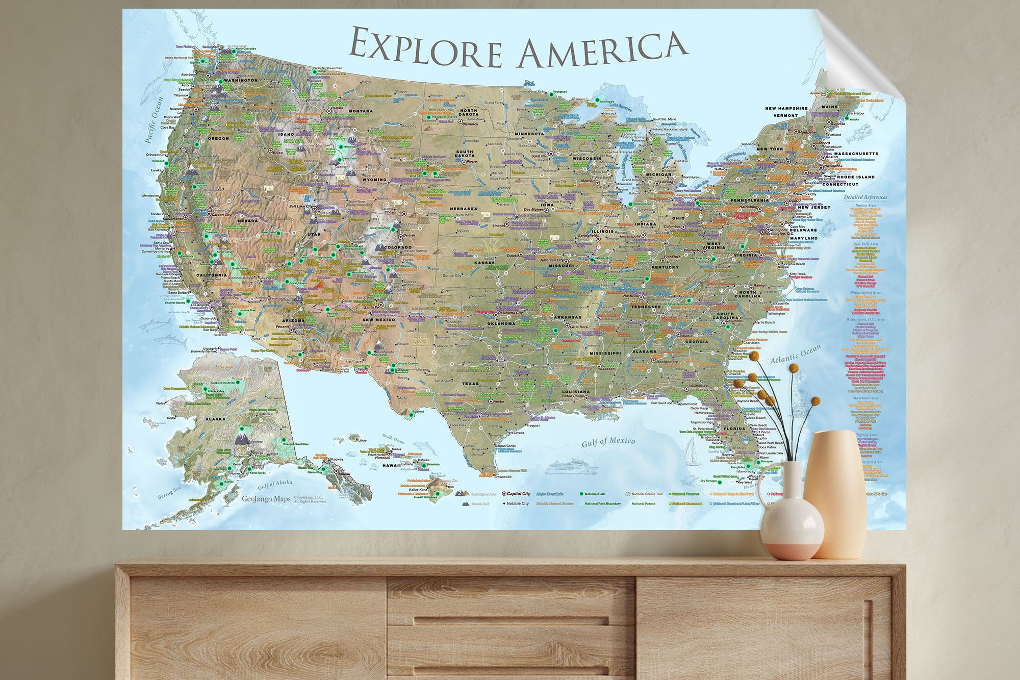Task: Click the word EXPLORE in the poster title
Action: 426,48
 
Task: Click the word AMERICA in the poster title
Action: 602,49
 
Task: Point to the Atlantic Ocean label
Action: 795,354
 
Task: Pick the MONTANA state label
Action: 361,111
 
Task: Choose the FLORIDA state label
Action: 734,429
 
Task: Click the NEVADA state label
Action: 248,221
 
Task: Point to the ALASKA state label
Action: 215,419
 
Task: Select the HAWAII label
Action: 392,465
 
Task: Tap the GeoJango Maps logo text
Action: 266,499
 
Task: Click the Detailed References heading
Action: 865,197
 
